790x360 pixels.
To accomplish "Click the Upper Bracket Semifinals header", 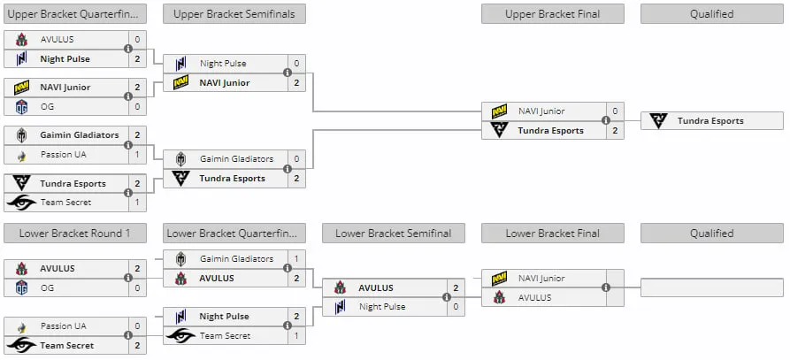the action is click(234, 14).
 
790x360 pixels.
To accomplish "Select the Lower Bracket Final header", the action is click(553, 234).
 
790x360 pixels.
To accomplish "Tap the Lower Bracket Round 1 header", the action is click(75, 234).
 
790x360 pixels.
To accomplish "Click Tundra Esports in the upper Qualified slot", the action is click(710, 121).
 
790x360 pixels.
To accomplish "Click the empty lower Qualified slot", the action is click(712, 287).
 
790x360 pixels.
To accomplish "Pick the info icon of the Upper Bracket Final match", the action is click(606, 121).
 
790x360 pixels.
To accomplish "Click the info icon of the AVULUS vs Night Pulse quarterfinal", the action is click(128, 49).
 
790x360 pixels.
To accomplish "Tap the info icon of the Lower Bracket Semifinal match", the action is click(447, 297).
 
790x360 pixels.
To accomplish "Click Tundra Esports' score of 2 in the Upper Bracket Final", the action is click(615, 130).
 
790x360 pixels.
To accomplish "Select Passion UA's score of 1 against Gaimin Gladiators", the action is click(137, 155).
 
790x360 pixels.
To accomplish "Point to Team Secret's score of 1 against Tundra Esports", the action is click(137, 203).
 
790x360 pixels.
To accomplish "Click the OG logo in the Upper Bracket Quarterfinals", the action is click(21, 107).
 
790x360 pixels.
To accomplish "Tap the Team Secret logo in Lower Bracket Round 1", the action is click(21, 345).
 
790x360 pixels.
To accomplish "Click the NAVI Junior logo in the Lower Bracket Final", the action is click(499, 278).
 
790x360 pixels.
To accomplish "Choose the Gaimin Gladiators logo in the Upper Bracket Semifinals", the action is click(180, 159).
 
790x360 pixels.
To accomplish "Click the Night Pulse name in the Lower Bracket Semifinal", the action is click(382, 307).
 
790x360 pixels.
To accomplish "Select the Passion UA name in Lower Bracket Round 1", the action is click(64, 326).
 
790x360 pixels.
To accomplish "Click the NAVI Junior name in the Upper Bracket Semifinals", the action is click(225, 82).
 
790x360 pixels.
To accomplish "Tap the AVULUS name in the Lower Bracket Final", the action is click(535, 297).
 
